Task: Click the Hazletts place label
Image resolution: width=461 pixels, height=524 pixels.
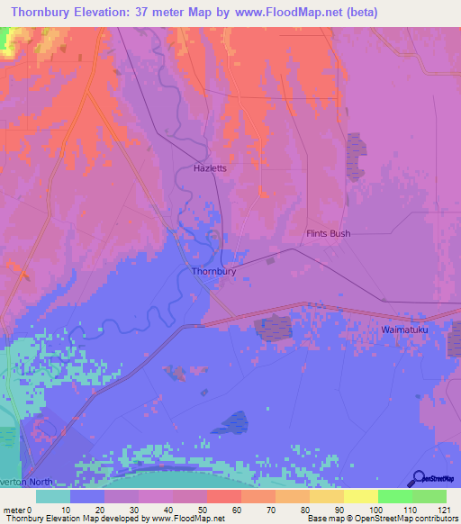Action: point(210,168)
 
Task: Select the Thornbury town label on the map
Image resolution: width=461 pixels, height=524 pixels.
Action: point(214,270)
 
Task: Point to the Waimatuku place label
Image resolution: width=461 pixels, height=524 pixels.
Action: point(404,330)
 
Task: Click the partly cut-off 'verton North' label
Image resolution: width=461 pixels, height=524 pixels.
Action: point(27,482)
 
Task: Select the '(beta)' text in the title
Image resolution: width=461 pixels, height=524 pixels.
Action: point(357,12)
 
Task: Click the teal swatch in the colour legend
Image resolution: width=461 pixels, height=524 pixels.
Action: point(53,496)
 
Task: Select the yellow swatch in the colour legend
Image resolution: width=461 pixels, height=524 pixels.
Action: point(361,496)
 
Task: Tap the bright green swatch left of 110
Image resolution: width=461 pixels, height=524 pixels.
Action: point(395,496)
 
